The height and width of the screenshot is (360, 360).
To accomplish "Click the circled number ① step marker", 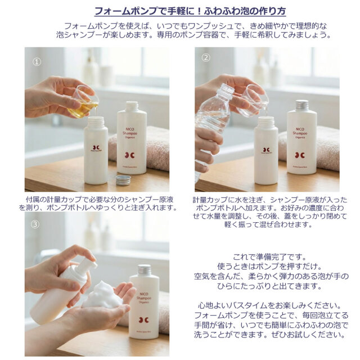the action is tap(37, 62).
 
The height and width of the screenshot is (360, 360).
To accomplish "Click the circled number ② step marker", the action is tap(206, 57).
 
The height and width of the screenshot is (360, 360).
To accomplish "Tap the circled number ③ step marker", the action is tap(35, 224).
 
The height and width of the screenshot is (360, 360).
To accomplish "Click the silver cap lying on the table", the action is tap(123, 180).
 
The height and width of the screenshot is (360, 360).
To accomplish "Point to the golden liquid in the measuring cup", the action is tap(83, 109).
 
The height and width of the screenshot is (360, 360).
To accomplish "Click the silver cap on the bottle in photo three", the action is tap(145, 271).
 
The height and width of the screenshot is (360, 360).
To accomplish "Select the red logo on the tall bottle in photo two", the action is tap(300, 155).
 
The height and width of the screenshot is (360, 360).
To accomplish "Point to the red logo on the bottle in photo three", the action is tap(143, 320).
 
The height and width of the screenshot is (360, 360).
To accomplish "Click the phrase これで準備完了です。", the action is tap(269, 257).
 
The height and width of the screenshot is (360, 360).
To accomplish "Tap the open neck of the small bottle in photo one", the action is tap(96, 120).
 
